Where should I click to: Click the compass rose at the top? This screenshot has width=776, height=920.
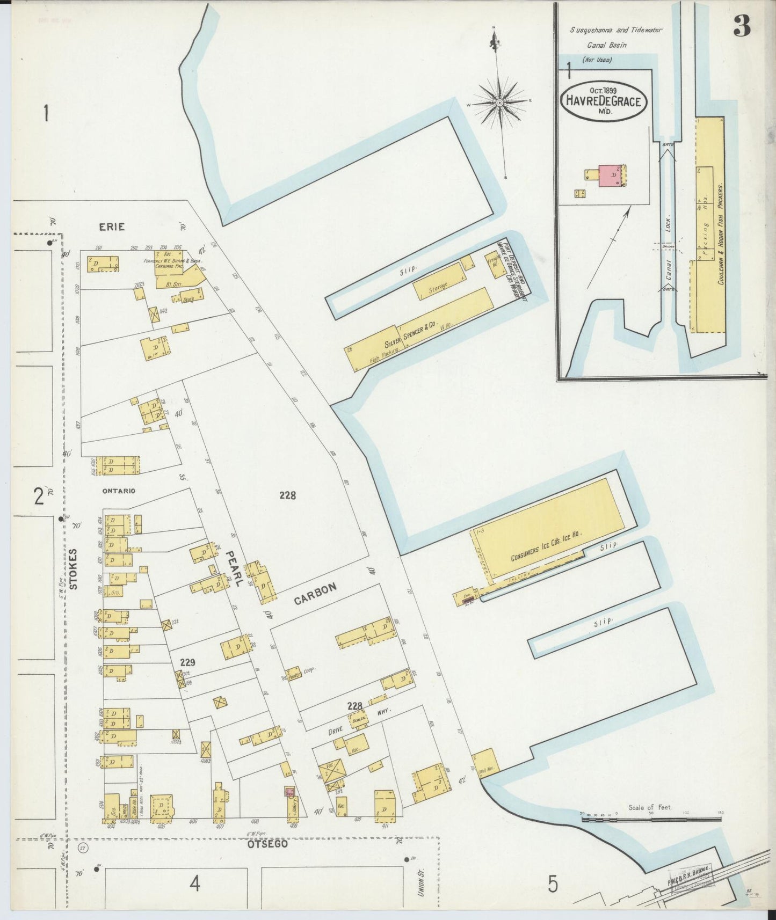(x=499, y=102)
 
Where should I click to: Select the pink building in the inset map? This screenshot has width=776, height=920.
(x=611, y=175)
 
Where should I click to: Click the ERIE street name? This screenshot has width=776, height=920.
(x=112, y=227)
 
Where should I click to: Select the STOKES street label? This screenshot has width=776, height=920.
(x=74, y=568)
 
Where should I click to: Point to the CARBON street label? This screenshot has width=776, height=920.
(x=315, y=594)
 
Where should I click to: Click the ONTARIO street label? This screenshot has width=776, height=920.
(x=119, y=491)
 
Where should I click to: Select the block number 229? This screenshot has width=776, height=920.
(x=187, y=662)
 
